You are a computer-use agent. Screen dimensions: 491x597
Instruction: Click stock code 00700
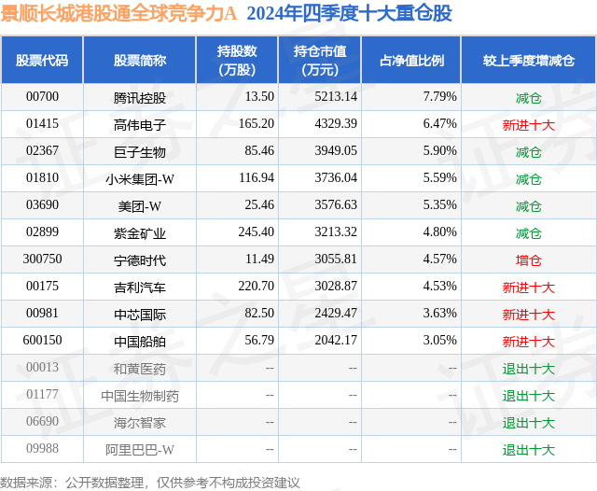point(42,96)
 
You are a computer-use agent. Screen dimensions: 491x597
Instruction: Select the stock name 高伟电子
point(139,123)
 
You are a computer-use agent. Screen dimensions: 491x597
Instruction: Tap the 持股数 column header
point(237,60)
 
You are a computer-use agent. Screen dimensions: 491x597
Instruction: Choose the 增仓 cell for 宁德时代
point(528,260)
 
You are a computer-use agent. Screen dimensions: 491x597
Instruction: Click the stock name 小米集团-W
point(139,178)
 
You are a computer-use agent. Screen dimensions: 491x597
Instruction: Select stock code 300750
point(42,260)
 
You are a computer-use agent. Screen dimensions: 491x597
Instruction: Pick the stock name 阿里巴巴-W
point(139,450)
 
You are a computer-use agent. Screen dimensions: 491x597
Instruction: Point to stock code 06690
point(42,423)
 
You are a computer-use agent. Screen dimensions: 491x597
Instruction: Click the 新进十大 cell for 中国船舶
point(528,342)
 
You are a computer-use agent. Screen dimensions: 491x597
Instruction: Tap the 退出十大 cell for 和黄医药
point(528,369)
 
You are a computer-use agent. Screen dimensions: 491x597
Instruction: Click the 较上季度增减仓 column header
point(528,60)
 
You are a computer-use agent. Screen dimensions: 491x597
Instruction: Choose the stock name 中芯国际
point(139,315)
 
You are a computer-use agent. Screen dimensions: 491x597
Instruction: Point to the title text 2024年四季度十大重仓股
point(350,14)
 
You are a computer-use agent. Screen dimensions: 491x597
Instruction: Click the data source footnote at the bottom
point(150,482)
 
